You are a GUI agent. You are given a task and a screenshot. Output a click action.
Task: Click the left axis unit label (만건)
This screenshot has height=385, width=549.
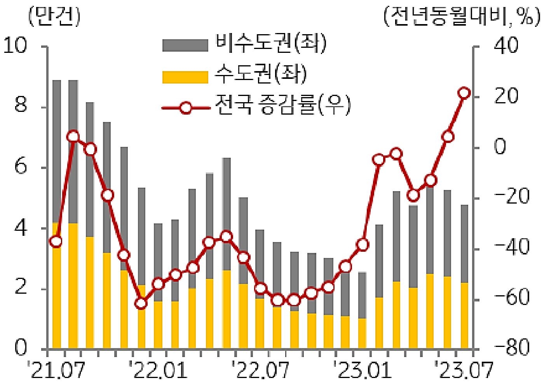[x=54, y=17]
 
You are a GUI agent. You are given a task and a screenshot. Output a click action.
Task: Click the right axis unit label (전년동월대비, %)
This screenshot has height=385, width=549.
[x=462, y=17]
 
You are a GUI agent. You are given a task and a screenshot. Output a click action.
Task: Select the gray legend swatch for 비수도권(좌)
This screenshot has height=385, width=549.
[x=185, y=45]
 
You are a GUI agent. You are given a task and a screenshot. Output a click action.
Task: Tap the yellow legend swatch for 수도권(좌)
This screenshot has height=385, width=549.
[x=185, y=77]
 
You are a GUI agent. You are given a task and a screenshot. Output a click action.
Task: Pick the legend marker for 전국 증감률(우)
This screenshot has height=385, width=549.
[x=186, y=108]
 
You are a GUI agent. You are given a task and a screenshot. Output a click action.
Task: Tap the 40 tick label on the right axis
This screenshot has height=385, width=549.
[x=505, y=46]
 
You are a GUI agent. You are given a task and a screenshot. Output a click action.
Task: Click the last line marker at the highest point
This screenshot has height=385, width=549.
[x=464, y=93]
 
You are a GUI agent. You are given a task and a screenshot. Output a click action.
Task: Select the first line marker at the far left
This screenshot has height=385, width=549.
[x=56, y=242]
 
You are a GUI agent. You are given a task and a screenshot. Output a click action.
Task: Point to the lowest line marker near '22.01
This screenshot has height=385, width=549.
[x=141, y=303]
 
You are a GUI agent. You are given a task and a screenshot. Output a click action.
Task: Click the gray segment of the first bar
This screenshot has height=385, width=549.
[x=57, y=152]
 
